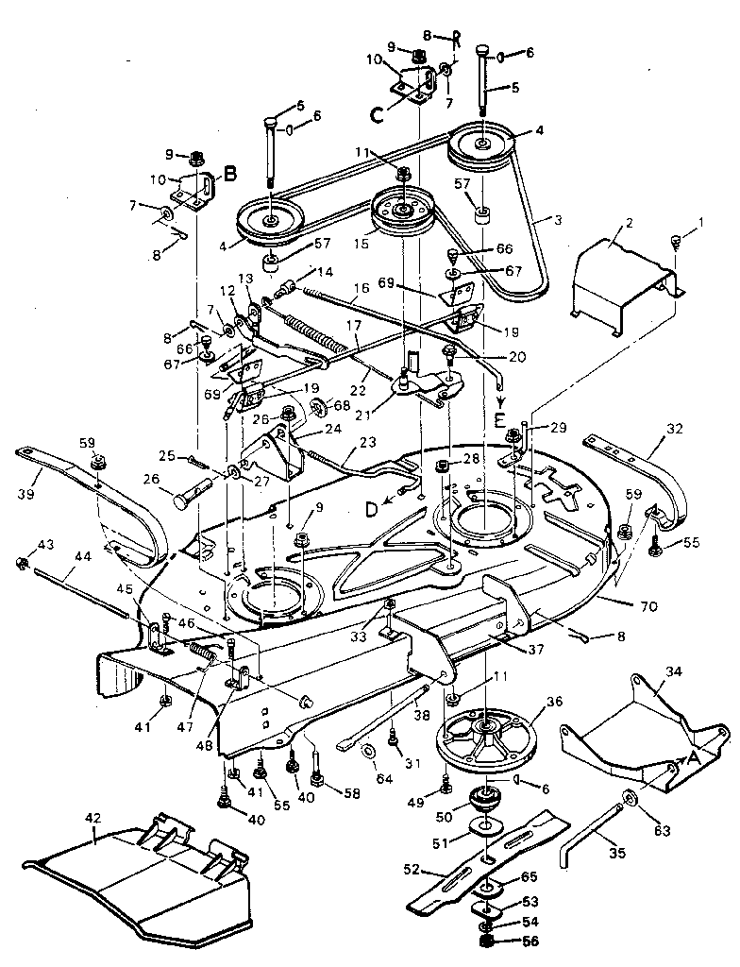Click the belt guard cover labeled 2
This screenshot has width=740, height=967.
tap(623, 274)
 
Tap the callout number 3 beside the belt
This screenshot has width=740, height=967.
tap(559, 219)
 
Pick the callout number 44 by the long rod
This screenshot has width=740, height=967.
tap(82, 557)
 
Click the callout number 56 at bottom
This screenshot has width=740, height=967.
tap(531, 942)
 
